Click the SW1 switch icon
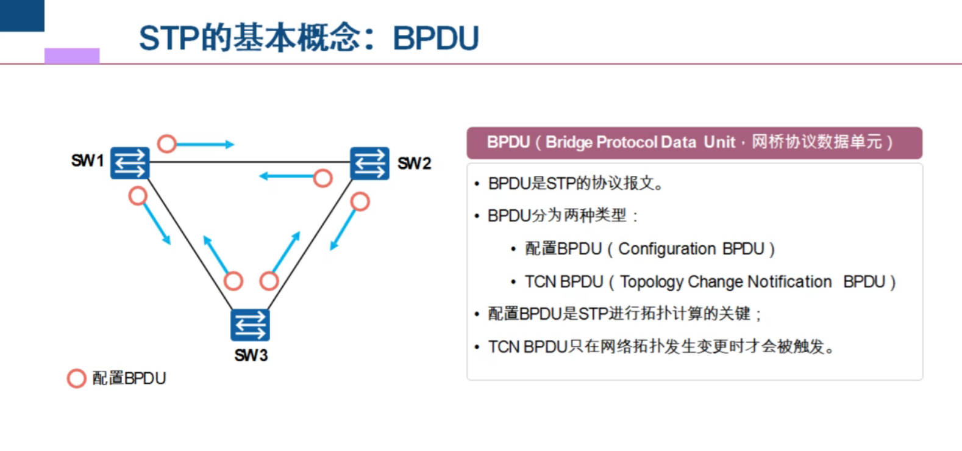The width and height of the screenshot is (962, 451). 129,163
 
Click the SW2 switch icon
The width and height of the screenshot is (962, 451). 369,163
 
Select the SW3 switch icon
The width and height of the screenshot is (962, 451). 250,325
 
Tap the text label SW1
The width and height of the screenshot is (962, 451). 87,161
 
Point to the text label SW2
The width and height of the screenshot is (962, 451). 414,164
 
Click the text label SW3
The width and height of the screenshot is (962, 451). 251,355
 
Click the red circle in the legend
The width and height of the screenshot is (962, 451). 76,378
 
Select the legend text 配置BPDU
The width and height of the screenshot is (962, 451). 129,378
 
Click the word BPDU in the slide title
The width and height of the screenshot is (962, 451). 435,38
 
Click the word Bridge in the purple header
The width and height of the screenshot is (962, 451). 569,142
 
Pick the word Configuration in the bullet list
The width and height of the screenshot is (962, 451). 667,249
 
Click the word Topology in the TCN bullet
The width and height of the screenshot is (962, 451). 652,282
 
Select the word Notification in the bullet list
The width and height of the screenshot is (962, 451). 789,282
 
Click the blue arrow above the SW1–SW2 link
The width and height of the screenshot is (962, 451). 205,145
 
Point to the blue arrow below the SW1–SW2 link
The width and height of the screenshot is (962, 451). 286,176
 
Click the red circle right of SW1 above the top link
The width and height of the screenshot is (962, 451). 166,143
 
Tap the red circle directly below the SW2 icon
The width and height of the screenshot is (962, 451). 360,201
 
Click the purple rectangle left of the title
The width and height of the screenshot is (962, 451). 72,56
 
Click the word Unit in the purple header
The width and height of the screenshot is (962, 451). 719,142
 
